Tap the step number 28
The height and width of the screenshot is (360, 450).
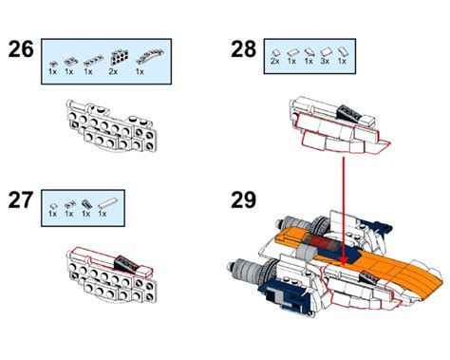click(244, 49)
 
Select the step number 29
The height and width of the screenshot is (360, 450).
click(244, 200)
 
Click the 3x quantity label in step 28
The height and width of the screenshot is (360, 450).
click(326, 61)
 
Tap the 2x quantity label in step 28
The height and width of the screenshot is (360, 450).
click(274, 61)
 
